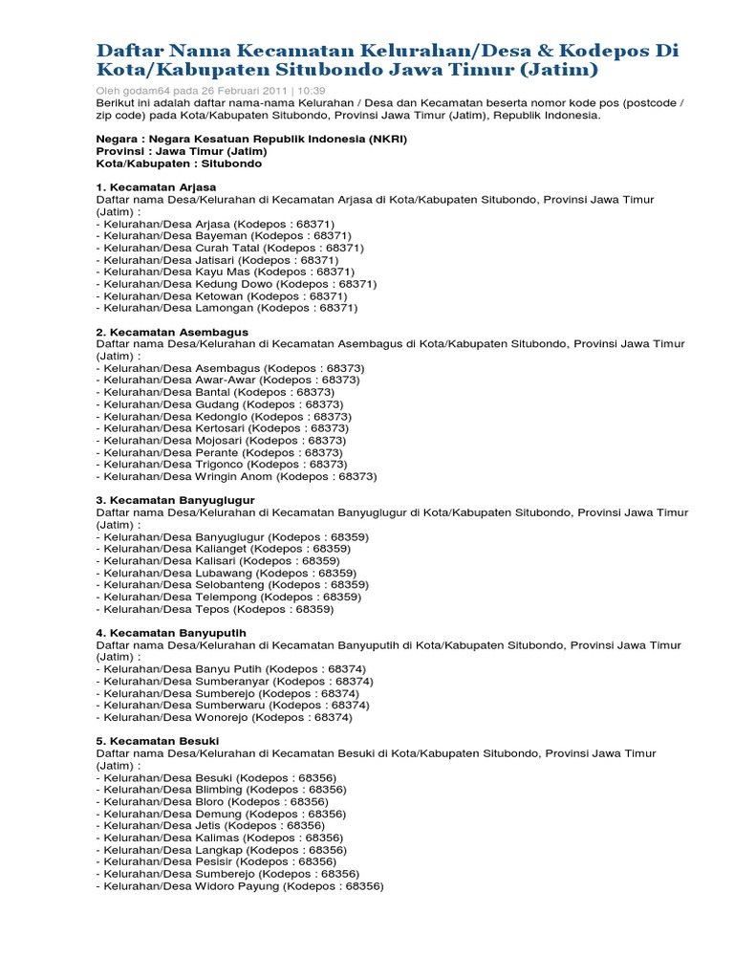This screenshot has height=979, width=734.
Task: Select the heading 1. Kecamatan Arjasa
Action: click(x=157, y=186)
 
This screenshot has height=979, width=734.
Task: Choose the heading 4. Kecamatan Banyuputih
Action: click(x=172, y=633)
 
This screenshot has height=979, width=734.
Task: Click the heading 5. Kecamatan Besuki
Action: click(x=158, y=741)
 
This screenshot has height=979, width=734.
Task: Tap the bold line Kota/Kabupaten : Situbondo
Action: click(x=179, y=163)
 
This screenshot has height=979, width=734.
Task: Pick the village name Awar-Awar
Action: click(x=227, y=380)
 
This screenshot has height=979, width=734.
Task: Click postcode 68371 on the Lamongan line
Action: click(x=338, y=308)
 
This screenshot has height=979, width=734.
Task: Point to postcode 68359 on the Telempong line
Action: click(x=342, y=597)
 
